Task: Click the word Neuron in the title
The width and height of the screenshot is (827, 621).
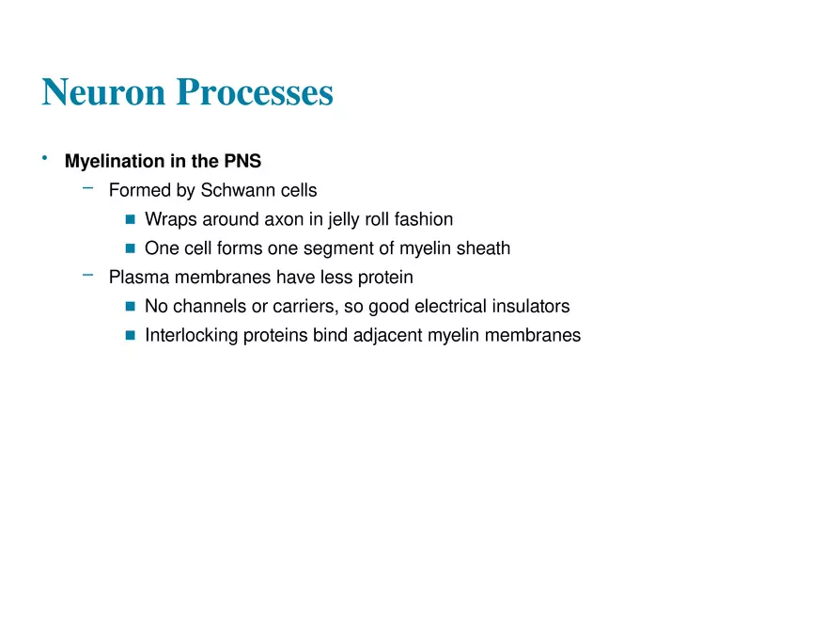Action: pos(104,92)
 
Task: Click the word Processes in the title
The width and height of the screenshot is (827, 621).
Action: pos(255,92)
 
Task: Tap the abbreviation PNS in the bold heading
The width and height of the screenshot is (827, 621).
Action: pos(242,161)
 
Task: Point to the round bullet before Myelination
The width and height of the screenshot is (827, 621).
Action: pos(45,157)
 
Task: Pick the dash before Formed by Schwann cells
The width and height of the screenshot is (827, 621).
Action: pos(88,187)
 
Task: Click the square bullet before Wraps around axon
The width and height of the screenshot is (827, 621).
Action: pos(131,219)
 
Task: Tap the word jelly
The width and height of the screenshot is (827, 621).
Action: pos(343,219)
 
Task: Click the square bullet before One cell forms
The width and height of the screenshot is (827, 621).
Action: pos(131,248)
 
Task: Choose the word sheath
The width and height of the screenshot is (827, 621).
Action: pos(484,248)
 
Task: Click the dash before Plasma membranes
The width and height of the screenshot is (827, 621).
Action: pos(88,275)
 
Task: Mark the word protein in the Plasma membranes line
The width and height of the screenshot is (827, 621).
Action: pos(385,279)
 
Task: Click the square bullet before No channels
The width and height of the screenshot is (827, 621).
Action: pos(131,307)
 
